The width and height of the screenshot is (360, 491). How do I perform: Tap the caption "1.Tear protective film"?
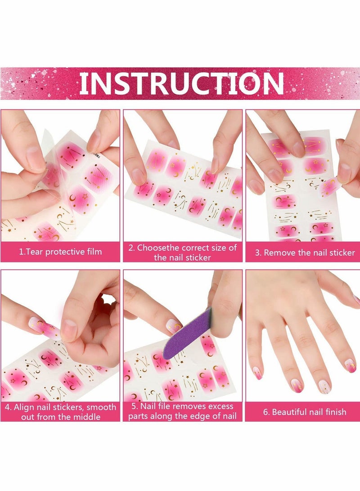pos(60,252)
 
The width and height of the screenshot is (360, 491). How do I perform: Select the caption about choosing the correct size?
pos(182,252)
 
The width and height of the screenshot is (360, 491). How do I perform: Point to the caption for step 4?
pos(60,411)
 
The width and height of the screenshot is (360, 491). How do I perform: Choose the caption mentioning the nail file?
pos(182,411)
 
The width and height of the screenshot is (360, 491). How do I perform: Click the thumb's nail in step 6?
pos(356,299)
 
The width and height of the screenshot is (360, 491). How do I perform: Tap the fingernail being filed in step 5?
pos(174,325)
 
